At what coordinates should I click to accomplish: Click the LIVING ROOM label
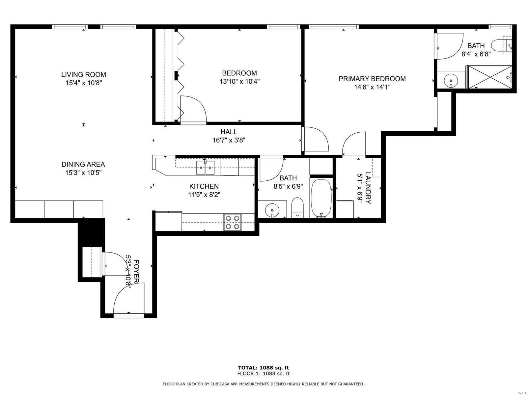(x=83, y=75)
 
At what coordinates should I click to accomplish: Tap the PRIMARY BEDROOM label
(x=372, y=79)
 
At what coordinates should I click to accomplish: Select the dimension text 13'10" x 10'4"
(x=239, y=82)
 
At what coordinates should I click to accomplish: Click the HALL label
(x=229, y=132)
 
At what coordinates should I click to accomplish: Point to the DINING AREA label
(x=83, y=164)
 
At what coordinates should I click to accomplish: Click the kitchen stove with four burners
(x=232, y=222)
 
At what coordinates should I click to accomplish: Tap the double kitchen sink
(x=205, y=168)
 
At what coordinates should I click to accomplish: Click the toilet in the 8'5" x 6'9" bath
(x=297, y=208)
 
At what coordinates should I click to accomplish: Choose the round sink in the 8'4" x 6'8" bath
(x=451, y=80)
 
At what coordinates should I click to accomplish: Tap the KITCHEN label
(x=204, y=186)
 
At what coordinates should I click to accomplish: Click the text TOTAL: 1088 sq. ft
(x=263, y=368)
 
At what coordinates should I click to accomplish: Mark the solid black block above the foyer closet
(x=92, y=232)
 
